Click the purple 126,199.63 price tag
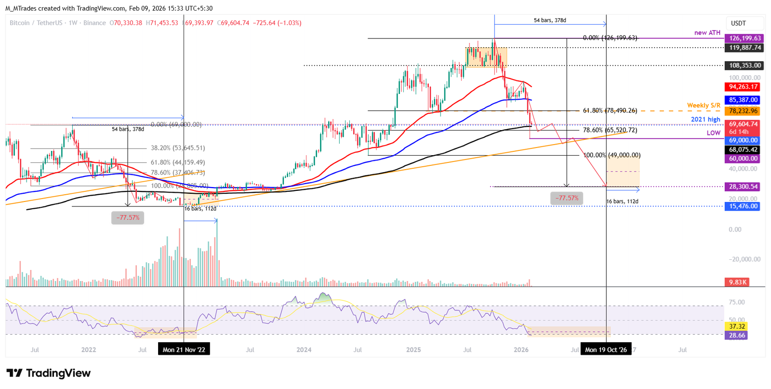tap(745, 38)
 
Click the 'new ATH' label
tap(707, 33)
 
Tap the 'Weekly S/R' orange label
tap(704, 106)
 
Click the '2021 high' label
tap(705, 120)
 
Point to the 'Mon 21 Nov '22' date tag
tap(184, 349)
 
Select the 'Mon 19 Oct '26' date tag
tap(606, 349)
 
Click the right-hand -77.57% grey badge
tap(567, 198)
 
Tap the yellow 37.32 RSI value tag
tap(737, 326)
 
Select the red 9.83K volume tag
tap(738, 282)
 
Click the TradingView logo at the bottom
tap(49, 373)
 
